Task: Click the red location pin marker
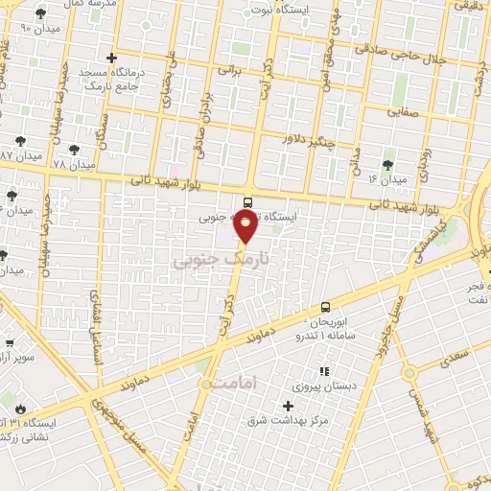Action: (x=246, y=225)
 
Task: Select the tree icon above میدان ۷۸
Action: (x=74, y=150)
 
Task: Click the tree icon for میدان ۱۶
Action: (x=387, y=164)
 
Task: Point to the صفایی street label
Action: (x=406, y=111)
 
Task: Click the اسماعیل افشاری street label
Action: (x=96, y=327)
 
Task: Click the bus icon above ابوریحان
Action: (x=325, y=307)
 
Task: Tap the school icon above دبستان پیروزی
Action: (x=324, y=370)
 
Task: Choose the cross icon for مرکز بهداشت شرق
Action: (x=289, y=407)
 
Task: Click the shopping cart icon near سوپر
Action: (x=10, y=342)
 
